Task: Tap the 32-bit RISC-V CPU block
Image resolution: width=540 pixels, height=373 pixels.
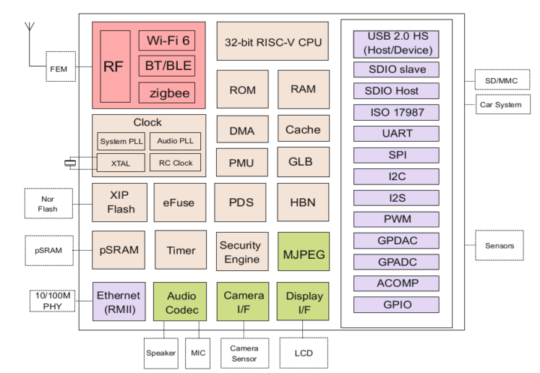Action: tap(272, 42)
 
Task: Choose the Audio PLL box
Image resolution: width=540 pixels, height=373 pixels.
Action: tap(175, 140)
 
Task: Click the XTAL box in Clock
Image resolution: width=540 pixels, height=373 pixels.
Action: tap(121, 162)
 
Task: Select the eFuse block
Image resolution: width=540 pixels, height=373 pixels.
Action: tap(178, 203)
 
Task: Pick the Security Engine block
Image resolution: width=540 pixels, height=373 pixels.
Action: tap(240, 252)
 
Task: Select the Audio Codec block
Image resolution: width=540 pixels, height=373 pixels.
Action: tap(181, 302)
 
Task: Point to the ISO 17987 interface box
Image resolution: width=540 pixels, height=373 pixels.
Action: tap(395, 113)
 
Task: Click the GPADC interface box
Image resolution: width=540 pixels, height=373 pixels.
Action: tap(395, 263)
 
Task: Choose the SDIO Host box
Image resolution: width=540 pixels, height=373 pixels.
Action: tap(395, 91)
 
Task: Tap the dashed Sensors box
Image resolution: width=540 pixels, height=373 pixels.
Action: tap(499, 245)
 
